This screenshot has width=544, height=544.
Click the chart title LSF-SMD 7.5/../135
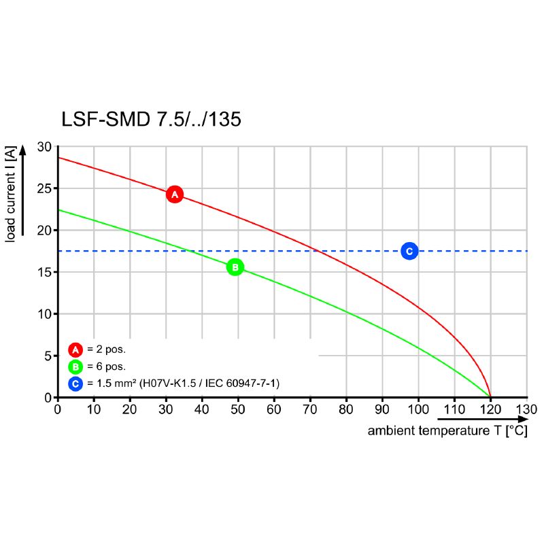click(x=151, y=120)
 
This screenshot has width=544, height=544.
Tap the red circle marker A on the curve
click(x=175, y=194)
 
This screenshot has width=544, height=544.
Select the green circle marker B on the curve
click(x=235, y=267)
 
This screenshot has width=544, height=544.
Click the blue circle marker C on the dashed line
click(x=409, y=251)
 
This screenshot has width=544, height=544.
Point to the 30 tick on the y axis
click(x=44, y=148)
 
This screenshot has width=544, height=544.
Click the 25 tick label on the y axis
click(x=44, y=189)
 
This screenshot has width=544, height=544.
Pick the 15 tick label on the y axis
click(x=44, y=273)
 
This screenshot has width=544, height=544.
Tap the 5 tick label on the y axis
click(x=48, y=356)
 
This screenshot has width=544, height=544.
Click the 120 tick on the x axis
click(x=490, y=409)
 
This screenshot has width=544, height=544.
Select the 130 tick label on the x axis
click(x=526, y=409)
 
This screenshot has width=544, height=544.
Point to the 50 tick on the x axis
click(x=238, y=409)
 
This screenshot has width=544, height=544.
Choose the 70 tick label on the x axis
click(x=310, y=409)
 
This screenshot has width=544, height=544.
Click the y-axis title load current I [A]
click(x=11, y=194)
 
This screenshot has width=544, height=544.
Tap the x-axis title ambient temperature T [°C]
click(x=447, y=431)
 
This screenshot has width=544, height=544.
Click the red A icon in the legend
click(x=75, y=350)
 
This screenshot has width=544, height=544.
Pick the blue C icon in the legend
click(x=75, y=384)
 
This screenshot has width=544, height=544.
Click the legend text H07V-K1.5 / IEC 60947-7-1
click(x=209, y=384)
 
